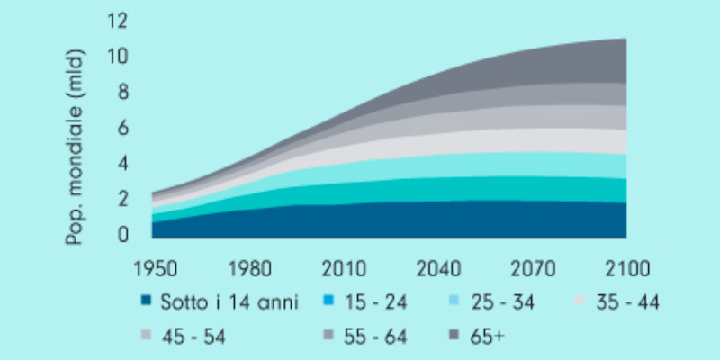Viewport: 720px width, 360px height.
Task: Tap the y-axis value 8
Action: (x=122, y=92)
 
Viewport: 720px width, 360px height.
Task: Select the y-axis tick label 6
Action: (x=122, y=128)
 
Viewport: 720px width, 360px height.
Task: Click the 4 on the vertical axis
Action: (x=122, y=164)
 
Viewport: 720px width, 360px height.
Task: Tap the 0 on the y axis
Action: (x=122, y=235)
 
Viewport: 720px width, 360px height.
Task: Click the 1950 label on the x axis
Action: (x=150, y=269)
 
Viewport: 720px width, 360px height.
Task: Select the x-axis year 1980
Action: (x=246, y=269)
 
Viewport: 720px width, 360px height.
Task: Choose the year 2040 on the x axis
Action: (x=436, y=269)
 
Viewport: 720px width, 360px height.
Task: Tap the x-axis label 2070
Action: (x=532, y=269)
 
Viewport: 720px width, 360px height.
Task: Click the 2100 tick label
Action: (x=626, y=269)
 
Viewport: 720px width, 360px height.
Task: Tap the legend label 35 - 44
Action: (x=628, y=303)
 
